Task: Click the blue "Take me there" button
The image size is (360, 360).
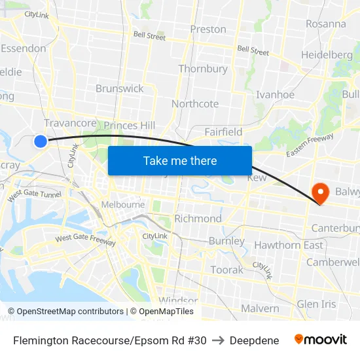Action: tap(180, 160)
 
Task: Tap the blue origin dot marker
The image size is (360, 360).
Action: tap(41, 141)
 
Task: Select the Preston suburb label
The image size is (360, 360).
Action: tap(208, 29)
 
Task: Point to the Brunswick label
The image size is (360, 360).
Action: tap(120, 88)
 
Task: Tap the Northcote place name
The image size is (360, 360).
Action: tap(195, 103)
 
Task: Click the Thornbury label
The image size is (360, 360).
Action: tap(203, 69)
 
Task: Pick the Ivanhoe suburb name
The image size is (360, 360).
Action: tap(275, 94)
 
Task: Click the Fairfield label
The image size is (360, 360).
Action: tap(223, 132)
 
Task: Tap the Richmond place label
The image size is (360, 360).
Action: tap(198, 218)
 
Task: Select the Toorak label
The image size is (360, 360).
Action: tap(226, 270)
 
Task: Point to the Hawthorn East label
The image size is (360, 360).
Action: tap(289, 245)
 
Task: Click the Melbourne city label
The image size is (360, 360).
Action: tap(123, 204)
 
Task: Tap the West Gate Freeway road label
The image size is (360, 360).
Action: tap(86, 240)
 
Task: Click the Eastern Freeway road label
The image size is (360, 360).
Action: tap(310, 145)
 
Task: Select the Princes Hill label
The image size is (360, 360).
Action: tap(130, 125)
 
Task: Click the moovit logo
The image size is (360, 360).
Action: tap(321, 340)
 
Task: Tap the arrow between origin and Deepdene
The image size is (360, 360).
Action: tap(218, 340)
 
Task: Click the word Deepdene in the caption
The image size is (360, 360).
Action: tap(254, 340)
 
